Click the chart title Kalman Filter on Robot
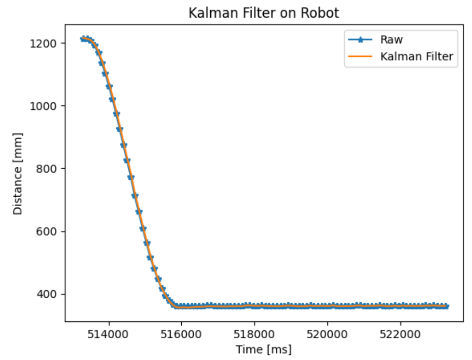point(263,13)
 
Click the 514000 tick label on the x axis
point(109,333)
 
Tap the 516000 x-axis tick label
point(181,333)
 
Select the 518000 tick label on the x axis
point(254,333)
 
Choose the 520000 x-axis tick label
point(327,333)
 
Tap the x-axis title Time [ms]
point(263,348)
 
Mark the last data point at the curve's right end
point(447,306)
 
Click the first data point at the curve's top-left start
point(82,39)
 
